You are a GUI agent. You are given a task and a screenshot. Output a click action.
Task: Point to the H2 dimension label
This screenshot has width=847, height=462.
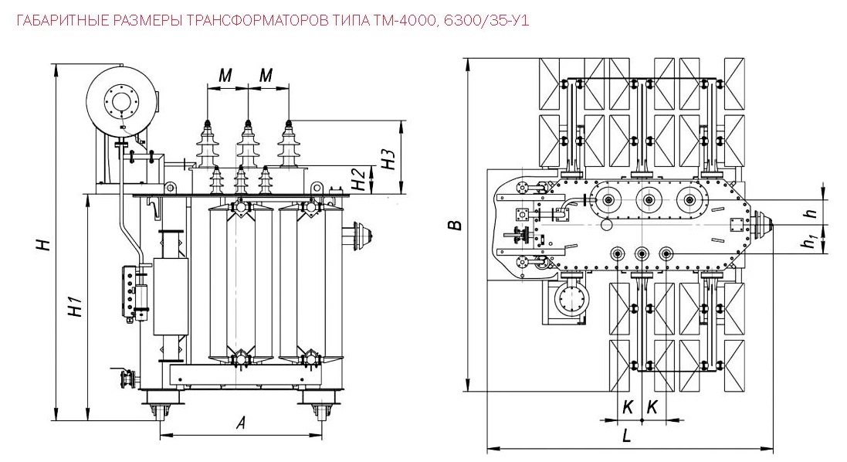(x=357, y=179)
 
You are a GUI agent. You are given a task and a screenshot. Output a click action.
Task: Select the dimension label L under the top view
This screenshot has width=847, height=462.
(x=627, y=435)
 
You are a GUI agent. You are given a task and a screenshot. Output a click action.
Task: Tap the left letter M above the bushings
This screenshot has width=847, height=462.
(x=225, y=75)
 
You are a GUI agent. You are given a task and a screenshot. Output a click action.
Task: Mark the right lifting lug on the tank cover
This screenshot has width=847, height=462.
(x=316, y=188)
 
